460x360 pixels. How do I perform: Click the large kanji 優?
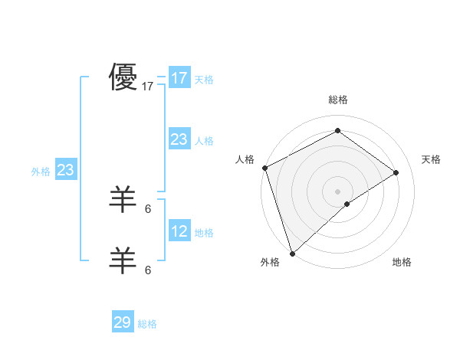pos(123,77)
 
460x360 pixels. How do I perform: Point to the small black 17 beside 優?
pos(148,87)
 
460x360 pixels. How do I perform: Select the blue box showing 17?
pos(179,78)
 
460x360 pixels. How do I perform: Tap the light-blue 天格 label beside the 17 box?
pos(204,79)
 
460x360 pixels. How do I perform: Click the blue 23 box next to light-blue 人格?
pos(179,139)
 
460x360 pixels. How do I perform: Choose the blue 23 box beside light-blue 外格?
pos(65,170)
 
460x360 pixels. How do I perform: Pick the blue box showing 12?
pos(179,231)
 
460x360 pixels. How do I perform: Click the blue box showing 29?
pos(123,322)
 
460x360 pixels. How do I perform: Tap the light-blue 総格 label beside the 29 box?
pos(147,324)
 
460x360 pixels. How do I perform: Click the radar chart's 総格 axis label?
pos(338,100)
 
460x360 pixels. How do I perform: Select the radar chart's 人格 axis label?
pos(245,159)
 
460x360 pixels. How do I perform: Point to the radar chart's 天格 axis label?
pos(432,159)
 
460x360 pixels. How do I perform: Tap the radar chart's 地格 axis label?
pos(402,262)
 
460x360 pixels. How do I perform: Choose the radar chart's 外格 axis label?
pos(270,262)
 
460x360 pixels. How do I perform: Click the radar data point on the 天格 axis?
pos(396,172)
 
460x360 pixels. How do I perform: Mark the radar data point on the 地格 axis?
pos(347,204)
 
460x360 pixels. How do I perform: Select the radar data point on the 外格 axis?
pos(292,253)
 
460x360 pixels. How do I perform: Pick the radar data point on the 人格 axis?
pos(264,168)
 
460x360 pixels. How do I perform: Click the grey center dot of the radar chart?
pos(337,191)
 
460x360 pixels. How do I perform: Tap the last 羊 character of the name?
pos(123,261)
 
